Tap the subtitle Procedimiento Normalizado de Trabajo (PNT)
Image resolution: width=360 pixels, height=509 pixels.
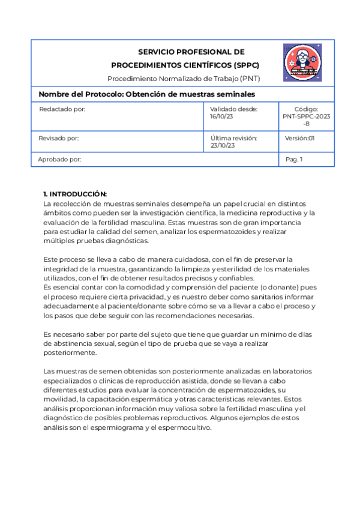(184, 79)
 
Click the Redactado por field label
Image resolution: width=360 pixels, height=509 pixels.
(62, 109)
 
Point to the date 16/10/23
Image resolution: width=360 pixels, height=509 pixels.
(221, 117)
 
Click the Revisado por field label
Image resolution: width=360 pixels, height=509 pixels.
(59, 138)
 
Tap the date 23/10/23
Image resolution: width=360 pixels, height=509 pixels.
(223, 146)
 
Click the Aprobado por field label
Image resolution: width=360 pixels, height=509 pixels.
(59, 160)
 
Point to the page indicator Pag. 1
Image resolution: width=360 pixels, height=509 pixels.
(294, 160)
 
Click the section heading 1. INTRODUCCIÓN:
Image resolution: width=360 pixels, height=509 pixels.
(75, 194)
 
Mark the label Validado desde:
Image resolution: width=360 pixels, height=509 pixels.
(233, 109)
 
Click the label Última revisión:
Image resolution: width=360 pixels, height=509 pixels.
(234, 138)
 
